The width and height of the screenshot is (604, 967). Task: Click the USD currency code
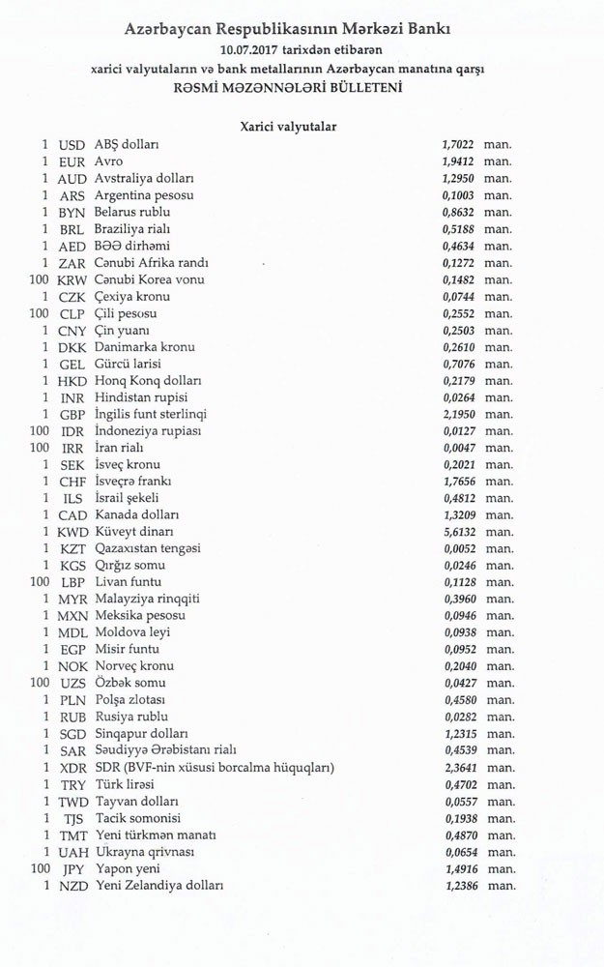point(72,145)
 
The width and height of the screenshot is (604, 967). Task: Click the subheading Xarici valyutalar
point(288,126)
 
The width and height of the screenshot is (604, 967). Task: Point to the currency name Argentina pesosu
point(144,195)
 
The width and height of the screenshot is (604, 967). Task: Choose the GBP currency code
point(72,414)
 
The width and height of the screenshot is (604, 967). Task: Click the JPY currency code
point(72,868)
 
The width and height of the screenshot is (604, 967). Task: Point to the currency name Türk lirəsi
point(125,784)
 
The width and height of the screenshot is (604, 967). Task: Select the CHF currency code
point(72,482)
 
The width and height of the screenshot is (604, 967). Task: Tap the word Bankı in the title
point(426,29)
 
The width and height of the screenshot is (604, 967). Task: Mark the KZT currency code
point(72,548)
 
